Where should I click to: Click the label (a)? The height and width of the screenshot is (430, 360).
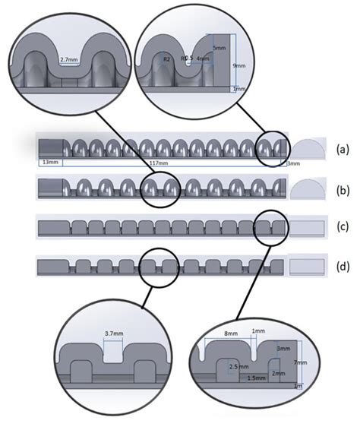click(x=342, y=149)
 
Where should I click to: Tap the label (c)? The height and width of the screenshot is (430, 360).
click(x=342, y=227)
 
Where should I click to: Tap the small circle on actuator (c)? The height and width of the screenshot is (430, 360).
click(x=270, y=227)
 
